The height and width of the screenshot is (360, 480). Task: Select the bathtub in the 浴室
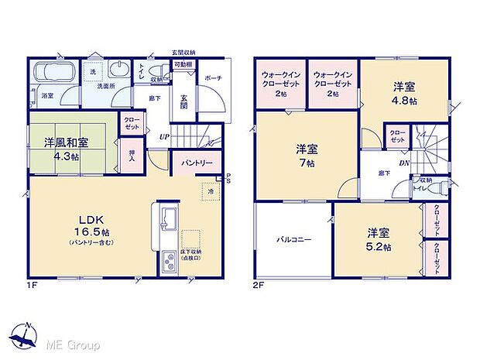pos(53,75)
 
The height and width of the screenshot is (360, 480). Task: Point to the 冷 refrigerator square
pos(210,190)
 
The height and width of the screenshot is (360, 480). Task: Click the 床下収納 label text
pos(192,251)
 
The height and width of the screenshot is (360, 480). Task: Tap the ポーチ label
pos(213,77)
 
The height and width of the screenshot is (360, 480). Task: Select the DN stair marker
pos(403,163)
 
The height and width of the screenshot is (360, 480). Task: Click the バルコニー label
pos(293,239)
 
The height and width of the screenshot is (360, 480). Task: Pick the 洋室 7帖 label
pos(307,156)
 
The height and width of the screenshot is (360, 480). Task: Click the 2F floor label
pos(257,285)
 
